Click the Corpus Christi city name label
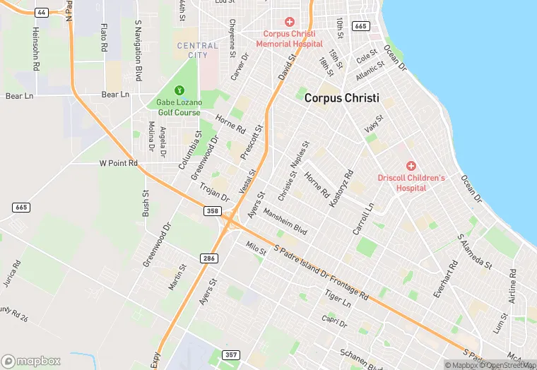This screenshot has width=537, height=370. click(342, 99)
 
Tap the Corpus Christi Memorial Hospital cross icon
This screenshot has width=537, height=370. click(289, 23)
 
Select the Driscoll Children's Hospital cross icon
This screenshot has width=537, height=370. click(411, 165)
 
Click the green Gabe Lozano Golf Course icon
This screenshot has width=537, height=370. click(179, 90)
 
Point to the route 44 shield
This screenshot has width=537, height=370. click(41, 13)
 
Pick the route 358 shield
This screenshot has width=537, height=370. click(212, 211)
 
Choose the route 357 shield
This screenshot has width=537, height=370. click(230, 354)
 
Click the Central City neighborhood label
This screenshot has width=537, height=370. click(197, 50)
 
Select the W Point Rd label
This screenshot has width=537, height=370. click(118, 164)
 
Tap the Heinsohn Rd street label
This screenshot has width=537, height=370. click(35, 49)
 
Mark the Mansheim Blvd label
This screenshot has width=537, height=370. click(285, 222)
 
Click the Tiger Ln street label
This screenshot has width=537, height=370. click(337, 297)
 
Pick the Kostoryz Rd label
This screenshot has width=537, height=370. click(341, 188)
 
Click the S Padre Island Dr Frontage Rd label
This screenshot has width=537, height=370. click(321, 272)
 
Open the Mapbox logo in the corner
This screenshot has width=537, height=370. click(31, 361)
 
